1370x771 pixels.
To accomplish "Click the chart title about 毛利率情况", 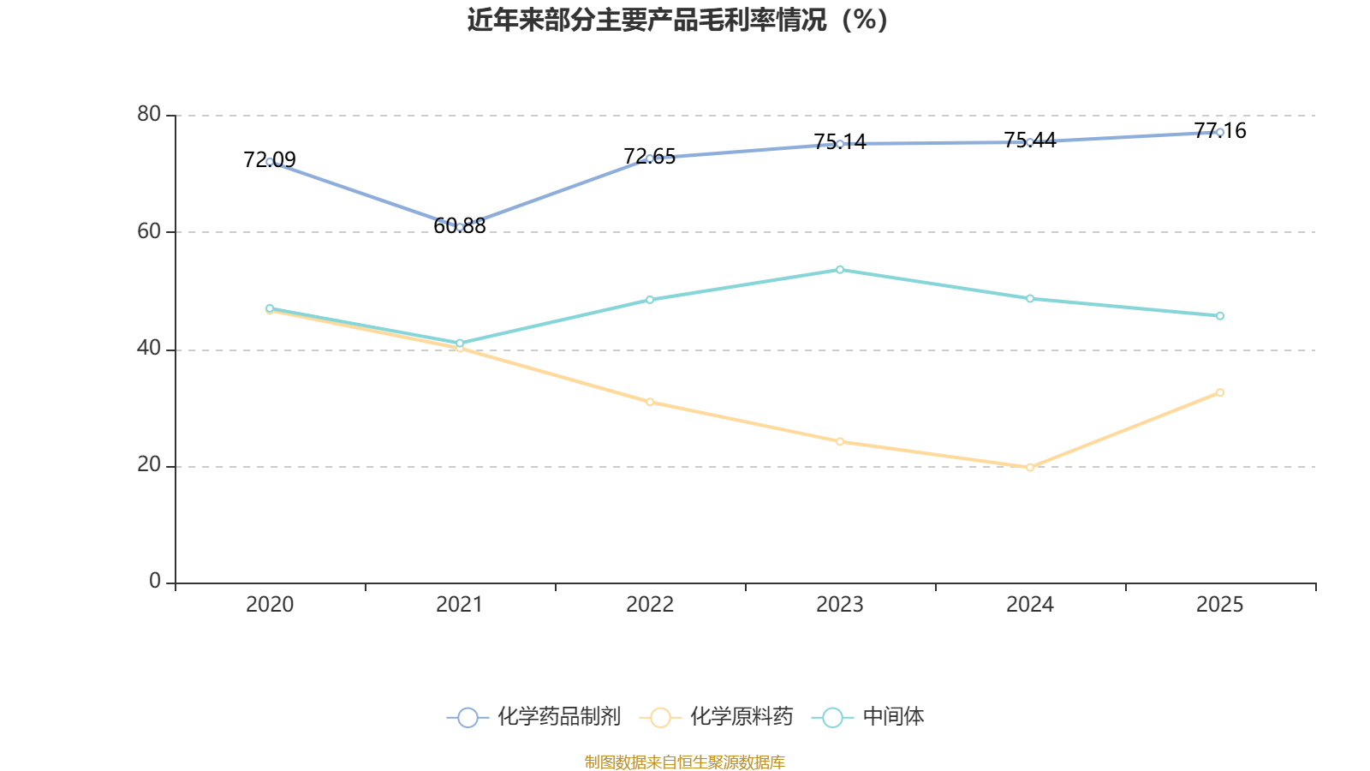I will (x=677, y=20).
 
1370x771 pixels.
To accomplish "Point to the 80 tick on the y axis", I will (x=149, y=115).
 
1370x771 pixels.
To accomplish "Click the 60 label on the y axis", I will (x=149, y=231).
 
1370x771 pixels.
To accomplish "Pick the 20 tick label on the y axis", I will (x=149, y=465).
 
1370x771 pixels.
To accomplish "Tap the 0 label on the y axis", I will (x=155, y=582).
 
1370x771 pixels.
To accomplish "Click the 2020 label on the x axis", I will (x=270, y=605).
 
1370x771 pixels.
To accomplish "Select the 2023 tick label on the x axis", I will (x=840, y=605).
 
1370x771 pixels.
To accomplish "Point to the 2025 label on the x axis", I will (x=1219, y=605).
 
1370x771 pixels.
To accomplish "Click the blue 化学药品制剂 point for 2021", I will (x=460, y=227).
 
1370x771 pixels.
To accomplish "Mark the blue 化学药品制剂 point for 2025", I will (x=1220, y=132).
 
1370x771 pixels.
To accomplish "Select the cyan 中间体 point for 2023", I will (x=840, y=270).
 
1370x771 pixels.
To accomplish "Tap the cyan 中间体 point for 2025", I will (x=1220, y=316).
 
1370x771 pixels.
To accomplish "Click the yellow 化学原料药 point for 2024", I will (x=1030, y=468).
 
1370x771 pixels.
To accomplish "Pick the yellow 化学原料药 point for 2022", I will (x=650, y=402).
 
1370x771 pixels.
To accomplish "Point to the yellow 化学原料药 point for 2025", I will (x=1220, y=392).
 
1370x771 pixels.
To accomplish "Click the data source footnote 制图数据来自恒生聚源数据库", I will (x=684, y=762).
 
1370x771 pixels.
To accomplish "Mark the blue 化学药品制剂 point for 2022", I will (x=650, y=158).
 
